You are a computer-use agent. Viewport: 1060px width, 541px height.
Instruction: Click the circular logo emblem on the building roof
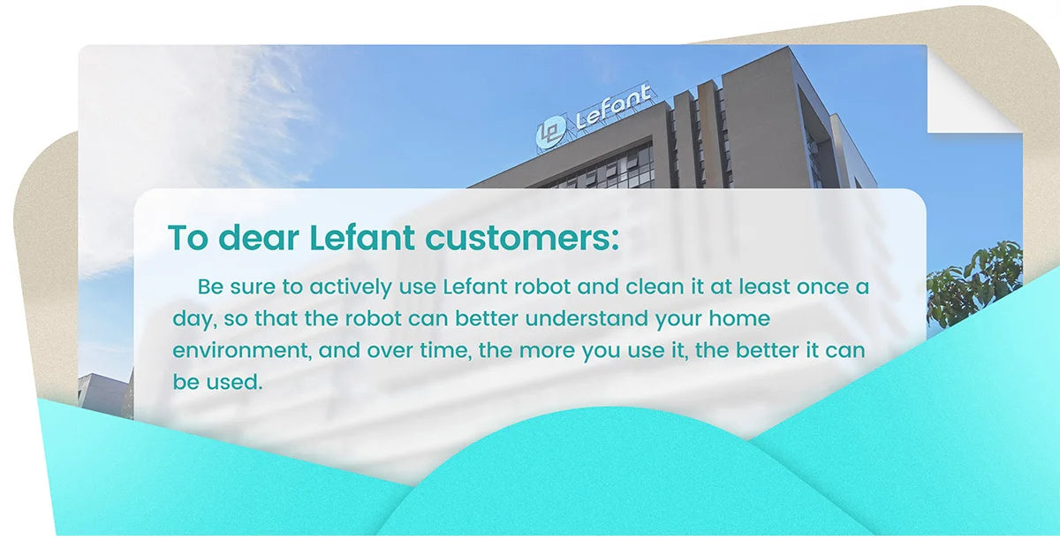[551, 133]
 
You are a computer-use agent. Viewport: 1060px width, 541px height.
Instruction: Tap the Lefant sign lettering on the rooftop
[613, 107]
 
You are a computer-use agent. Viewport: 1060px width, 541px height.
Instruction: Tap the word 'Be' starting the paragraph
[210, 286]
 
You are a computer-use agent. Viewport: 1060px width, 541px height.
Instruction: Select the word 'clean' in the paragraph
[655, 286]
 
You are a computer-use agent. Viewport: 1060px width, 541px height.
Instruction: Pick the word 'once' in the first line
[823, 287]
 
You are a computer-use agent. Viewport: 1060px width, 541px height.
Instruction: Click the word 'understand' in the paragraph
[587, 318]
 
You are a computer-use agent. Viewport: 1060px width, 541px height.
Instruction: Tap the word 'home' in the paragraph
[739, 318]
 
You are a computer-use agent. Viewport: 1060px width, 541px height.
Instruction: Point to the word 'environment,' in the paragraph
[242, 351]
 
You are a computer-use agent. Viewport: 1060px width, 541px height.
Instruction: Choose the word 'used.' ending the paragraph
[234, 382]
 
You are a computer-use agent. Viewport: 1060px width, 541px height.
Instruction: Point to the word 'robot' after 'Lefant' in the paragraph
[542, 286]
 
